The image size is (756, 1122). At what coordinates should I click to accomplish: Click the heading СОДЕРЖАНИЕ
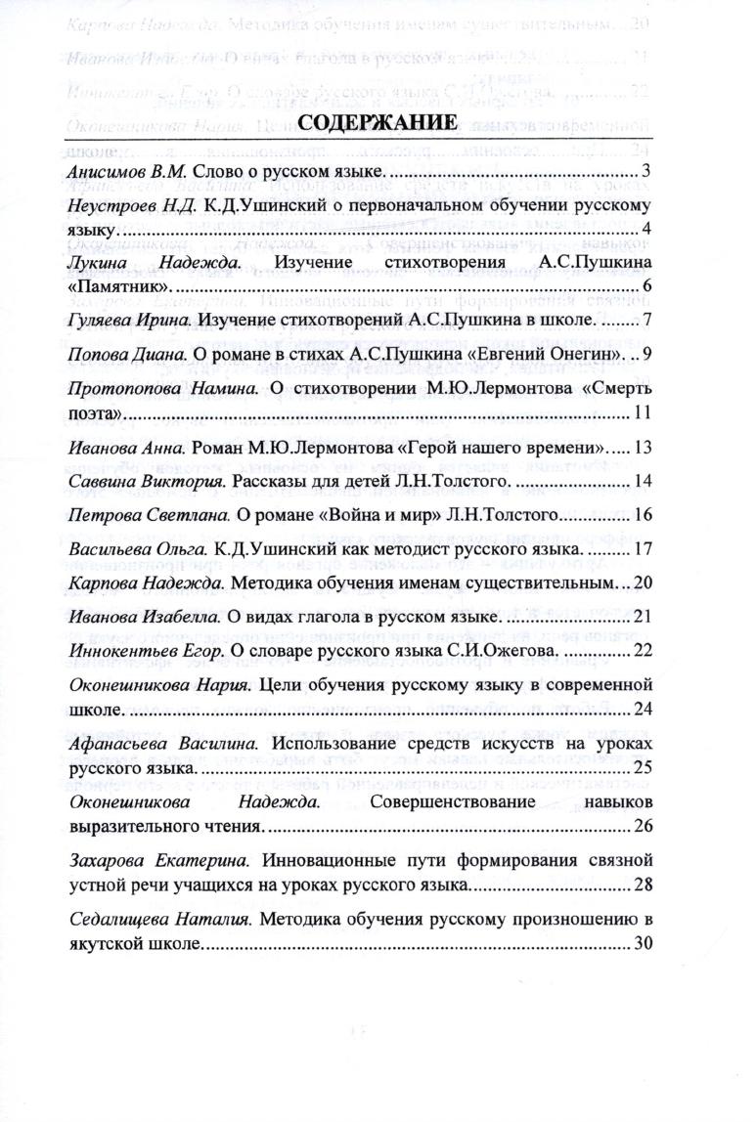pyautogui.click(x=377, y=123)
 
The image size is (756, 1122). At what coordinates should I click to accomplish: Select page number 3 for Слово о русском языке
pyautogui.click(x=646, y=173)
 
